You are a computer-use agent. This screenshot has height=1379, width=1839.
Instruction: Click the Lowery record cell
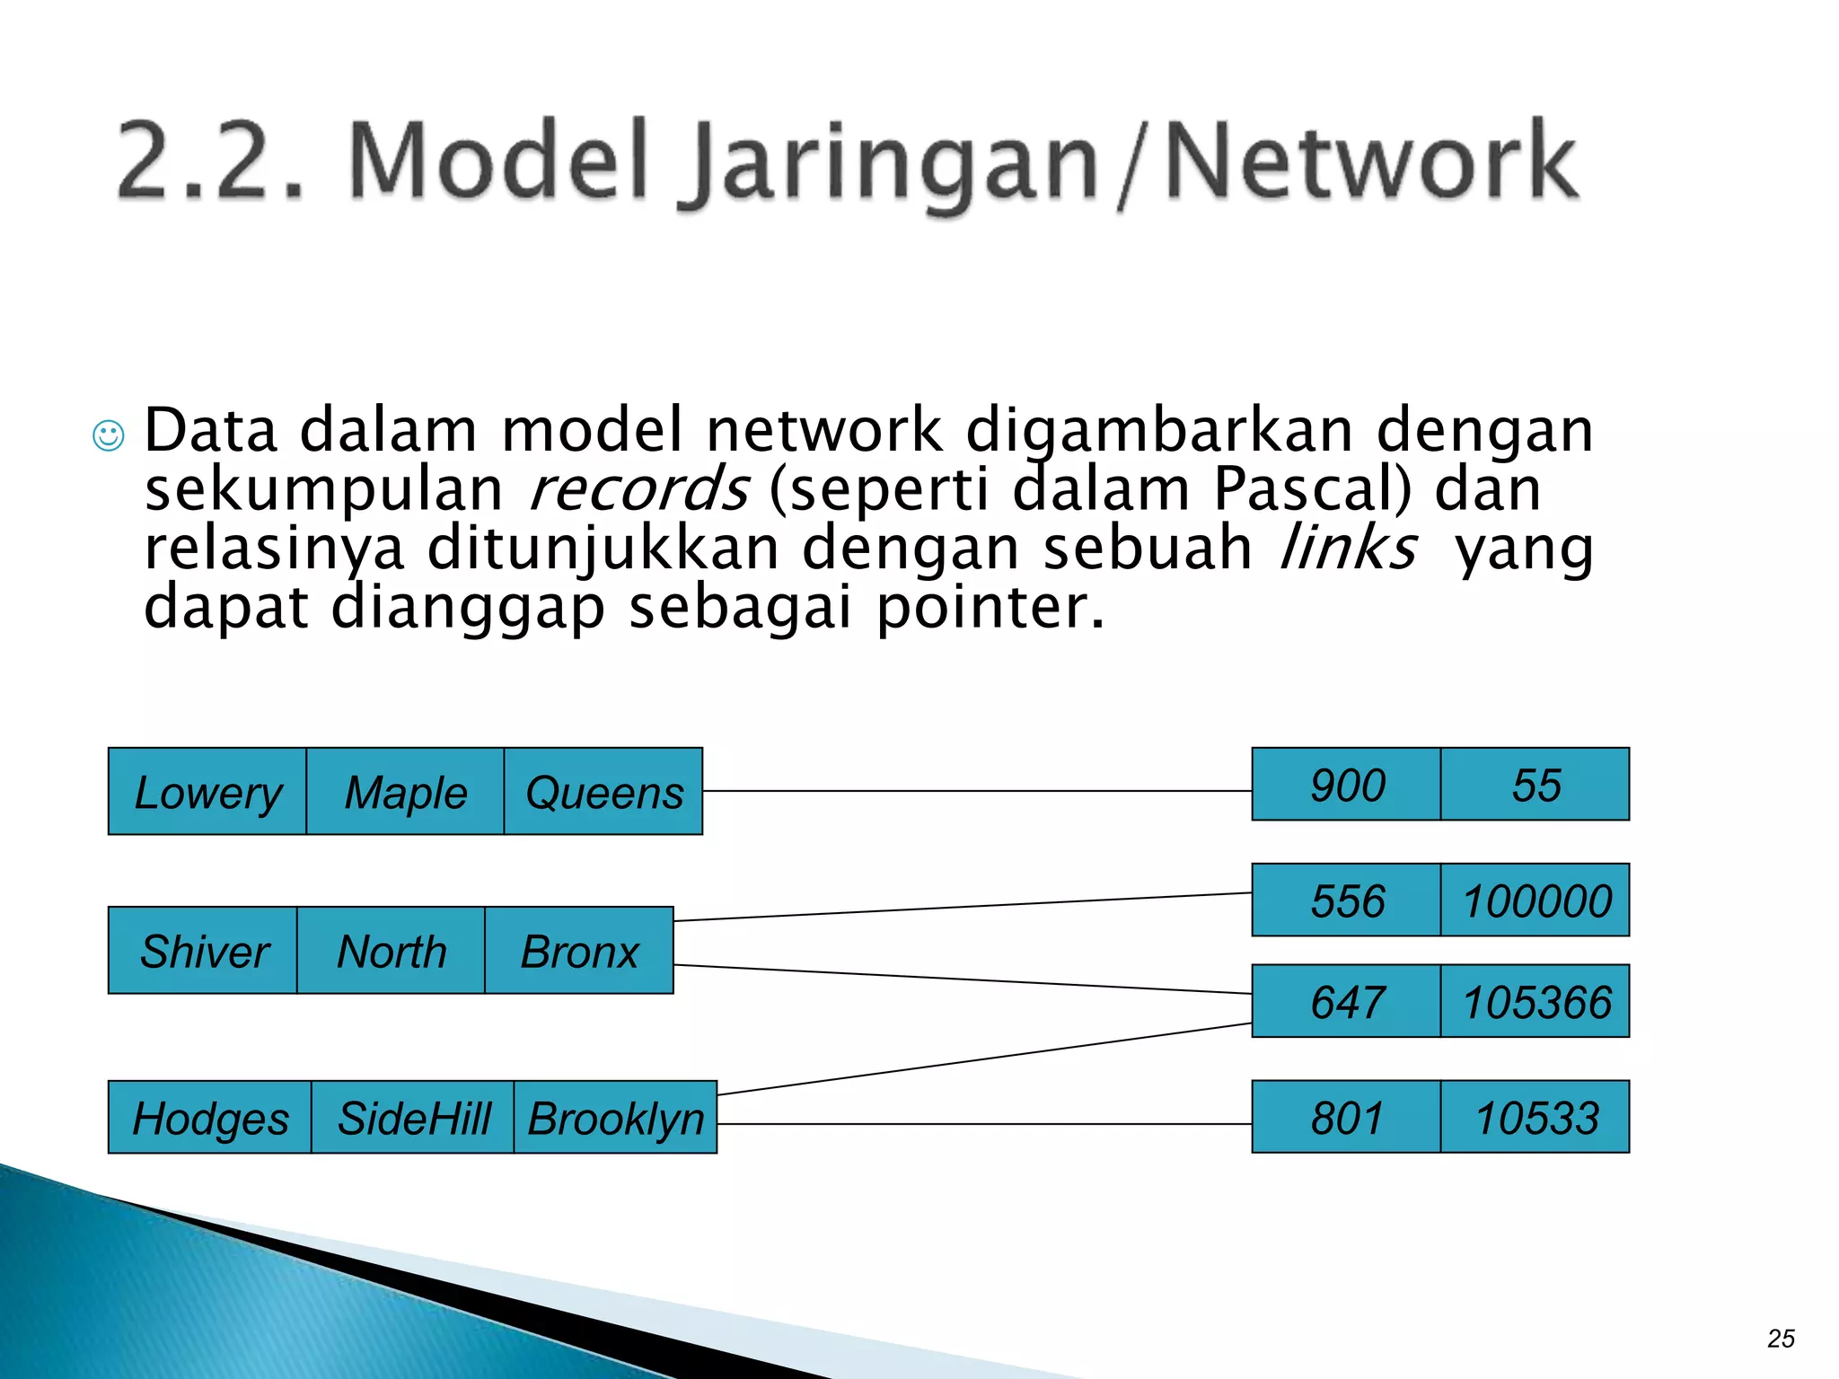[x=207, y=792]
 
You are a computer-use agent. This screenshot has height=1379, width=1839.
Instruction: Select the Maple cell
[x=405, y=792]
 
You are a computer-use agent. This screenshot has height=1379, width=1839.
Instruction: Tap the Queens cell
[x=603, y=792]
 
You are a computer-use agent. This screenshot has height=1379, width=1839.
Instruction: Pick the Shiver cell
[x=203, y=951]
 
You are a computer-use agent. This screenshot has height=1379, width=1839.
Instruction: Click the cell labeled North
[x=391, y=951]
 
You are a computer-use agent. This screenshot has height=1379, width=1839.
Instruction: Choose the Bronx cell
[x=579, y=951]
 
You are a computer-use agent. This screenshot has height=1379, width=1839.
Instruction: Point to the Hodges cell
[x=210, y=1118]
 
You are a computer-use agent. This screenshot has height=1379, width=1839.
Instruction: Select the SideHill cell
[x=413, y=1118]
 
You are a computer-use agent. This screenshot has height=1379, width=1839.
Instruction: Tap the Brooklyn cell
[x=616, y=1118]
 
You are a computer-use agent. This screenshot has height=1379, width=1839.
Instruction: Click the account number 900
[x=1346, y=785]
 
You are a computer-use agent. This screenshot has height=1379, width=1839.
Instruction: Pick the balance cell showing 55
[x=1535, y=785]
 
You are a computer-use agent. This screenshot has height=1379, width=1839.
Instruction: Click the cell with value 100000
[x=1535, y=900]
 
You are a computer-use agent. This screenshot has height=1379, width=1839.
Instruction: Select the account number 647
[x=1346, y=1001]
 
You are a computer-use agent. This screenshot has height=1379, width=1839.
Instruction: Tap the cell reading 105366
[x=1535, y=1001]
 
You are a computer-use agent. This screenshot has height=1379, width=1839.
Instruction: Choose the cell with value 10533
[x=1535, y=1118]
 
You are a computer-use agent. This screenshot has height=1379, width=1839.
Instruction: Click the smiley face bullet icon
[x=109, y=435]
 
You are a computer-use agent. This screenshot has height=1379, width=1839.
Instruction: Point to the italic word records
[x=638, y=490]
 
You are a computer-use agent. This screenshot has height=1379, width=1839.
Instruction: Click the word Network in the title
[x=1370, y=162]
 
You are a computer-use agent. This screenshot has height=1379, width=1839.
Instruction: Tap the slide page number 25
[x=1781, y=1339]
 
